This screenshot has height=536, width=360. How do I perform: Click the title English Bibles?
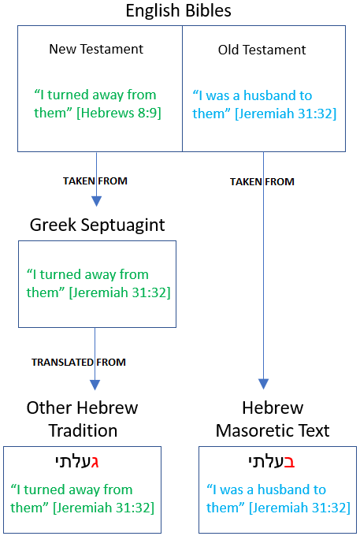click(x=178, y=10)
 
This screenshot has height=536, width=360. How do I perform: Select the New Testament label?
click(x=96, y=49)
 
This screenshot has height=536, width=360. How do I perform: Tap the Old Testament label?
click(x=262, y=50)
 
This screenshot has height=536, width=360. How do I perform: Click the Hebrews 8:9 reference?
click(x=119, y=113)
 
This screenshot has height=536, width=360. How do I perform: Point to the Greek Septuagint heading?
click(x=98, y=225)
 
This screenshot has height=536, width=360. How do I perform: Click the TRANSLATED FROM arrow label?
click(x=79, y=362)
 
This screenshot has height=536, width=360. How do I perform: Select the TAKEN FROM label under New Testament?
click(x=95, y=181)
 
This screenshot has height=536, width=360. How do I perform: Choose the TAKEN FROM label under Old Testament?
click(x=262, y=181)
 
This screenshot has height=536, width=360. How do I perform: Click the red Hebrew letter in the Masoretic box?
click(x=289, y=462)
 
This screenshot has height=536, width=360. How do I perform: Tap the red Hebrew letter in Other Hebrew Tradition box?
click(x=95, y=462)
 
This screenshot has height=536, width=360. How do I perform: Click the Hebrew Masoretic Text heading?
click(x=273, y=419)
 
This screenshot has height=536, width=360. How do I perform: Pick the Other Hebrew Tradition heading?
click(x=82, y=419)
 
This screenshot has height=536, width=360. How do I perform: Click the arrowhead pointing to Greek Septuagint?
click(x=97, y=201)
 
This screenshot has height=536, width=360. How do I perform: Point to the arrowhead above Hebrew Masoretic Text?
click(x=263, y=384)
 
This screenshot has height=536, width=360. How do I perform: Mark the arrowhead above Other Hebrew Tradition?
click(x=95, y=385)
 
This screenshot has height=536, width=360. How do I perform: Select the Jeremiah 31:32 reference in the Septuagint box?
click(x=120, y=292)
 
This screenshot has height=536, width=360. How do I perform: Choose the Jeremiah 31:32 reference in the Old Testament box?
click(x=285, y=114)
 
